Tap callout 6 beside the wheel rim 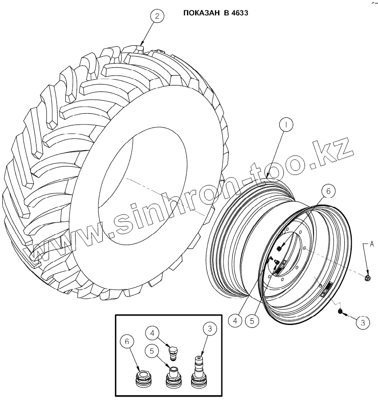[328, 192]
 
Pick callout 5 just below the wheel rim [253, 321]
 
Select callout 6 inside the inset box [127, 342]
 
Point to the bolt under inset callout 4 [173, 352]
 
